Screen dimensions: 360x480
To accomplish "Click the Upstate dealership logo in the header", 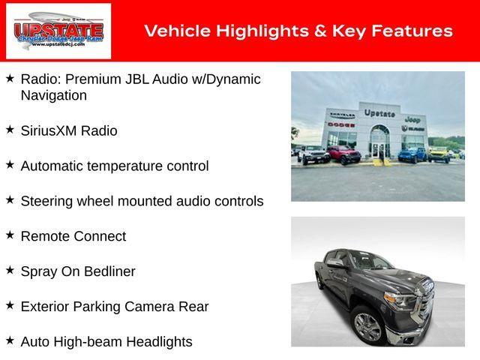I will point(58,31).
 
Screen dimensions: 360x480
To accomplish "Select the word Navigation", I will point(54,95).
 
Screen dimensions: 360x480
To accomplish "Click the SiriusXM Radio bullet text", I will point(69,130).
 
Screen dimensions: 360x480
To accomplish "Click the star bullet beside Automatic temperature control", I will point(10,165).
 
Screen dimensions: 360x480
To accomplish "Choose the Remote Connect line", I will point(73,236).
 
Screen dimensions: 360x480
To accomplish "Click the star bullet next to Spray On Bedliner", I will point(10,271).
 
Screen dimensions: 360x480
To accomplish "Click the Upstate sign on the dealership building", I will point(379,113).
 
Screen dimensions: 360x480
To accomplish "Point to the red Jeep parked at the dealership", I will point(343,154).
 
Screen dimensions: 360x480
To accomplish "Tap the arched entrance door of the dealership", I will point(379,142).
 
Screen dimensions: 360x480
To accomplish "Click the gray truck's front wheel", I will point(368,327).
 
